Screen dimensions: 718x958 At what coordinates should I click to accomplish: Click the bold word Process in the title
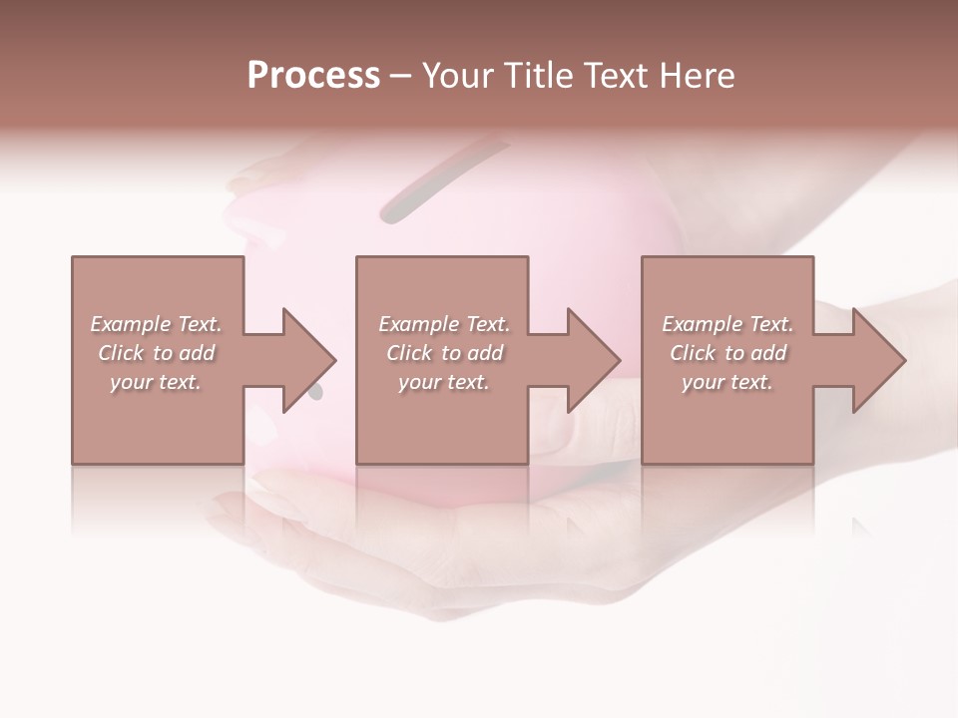pos(313,75)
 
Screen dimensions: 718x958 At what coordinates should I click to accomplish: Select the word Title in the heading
pos(539,75)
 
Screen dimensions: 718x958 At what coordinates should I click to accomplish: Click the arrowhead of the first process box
pos(309,360)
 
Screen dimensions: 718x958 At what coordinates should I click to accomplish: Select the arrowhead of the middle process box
pos(594,360)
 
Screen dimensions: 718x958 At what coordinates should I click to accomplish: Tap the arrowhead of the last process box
pos(879,360)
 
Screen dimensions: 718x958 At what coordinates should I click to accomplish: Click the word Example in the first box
pos(131,324)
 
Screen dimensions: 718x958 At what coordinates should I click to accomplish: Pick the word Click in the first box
pos(120,353)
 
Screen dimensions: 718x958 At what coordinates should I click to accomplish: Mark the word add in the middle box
pos(485,353)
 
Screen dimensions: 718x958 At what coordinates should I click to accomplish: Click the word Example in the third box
pos(703,324)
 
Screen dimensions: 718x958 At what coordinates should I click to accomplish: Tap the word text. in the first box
pos(179,382)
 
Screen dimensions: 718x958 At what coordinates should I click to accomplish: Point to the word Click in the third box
pos(693,353)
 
